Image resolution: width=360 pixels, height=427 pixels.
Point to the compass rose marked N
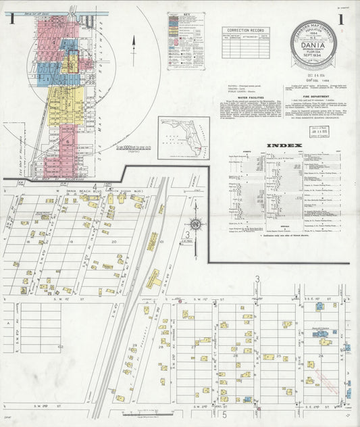195,224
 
